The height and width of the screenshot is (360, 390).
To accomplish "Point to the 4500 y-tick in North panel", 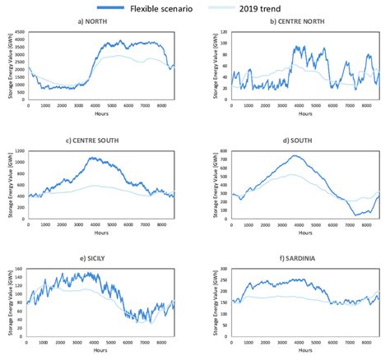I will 18,33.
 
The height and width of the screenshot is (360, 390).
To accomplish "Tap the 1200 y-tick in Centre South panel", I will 18,151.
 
